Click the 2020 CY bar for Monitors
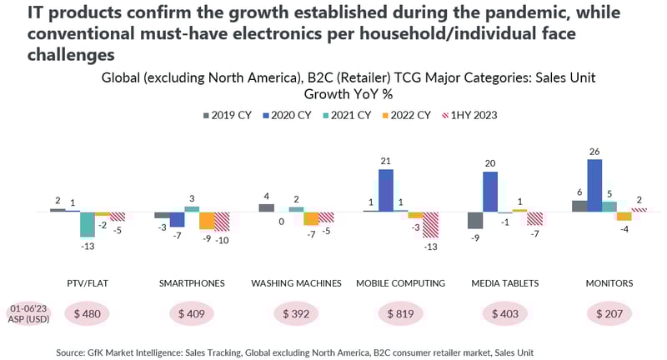coord(594,185)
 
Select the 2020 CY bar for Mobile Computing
coord(386,191)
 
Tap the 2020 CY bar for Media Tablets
coord(490,192)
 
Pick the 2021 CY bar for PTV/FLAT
coord(88,225)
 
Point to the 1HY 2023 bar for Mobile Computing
coord(431,225)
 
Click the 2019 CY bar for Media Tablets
coord(475,220)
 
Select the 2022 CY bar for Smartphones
coord(207,221)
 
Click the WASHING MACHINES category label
coord(296,283)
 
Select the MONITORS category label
coord(609,283)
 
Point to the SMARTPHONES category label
coord(192,283)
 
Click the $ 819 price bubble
coord(401,314)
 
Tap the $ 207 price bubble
coord(609,314)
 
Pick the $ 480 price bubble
coord(88,314)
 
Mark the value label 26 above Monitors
coord(594,151)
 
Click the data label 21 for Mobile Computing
coord(385,161)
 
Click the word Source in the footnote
coord(73,352)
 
